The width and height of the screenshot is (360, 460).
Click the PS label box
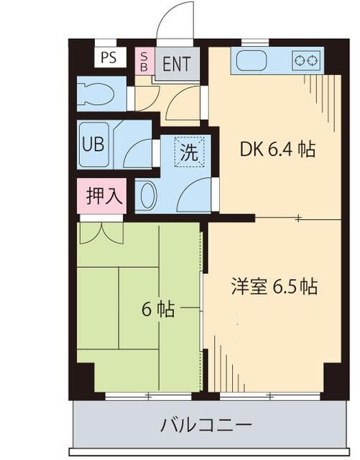point(109,57)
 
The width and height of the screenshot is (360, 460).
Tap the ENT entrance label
point(177,63)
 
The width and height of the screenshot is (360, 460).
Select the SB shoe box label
point(144,61)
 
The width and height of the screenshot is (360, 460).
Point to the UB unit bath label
point(93,142)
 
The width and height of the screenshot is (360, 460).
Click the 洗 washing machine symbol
point(188,152)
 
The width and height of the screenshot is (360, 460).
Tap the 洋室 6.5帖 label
point(274,286)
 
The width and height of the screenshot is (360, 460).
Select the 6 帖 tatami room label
point(157,309)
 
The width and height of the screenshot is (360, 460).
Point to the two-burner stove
point(305,61)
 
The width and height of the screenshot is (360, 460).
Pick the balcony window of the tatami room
point(149,395)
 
